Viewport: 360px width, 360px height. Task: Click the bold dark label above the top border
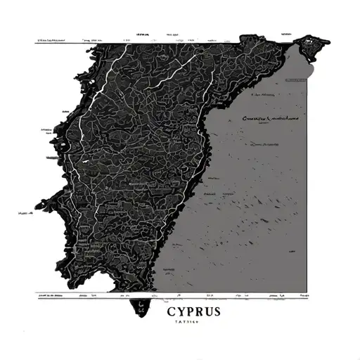[x=145, y=34]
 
